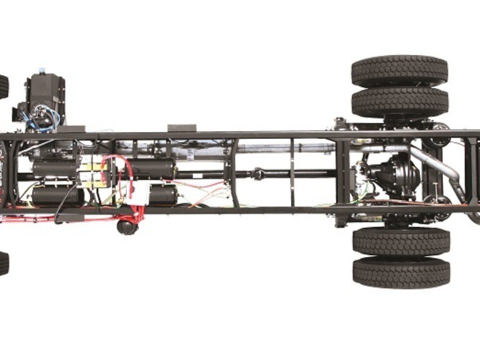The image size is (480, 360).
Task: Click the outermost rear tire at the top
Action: pos(399,71)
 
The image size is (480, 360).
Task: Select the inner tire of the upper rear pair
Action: pos(399,103)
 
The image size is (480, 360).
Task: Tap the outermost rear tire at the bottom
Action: pos(401,272)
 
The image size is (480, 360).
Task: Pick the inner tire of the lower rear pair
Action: pos(401,241)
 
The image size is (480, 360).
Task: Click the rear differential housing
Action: pos(393,175)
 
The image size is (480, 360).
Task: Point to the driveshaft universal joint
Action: pos(258,174)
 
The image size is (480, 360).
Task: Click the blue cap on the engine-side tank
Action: pos(42,70)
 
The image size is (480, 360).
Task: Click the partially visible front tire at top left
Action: pos(3,86)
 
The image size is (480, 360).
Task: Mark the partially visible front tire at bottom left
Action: pos(3,263)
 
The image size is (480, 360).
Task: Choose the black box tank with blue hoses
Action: pos(46,95)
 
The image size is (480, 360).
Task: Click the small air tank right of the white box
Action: pos(162,194)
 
